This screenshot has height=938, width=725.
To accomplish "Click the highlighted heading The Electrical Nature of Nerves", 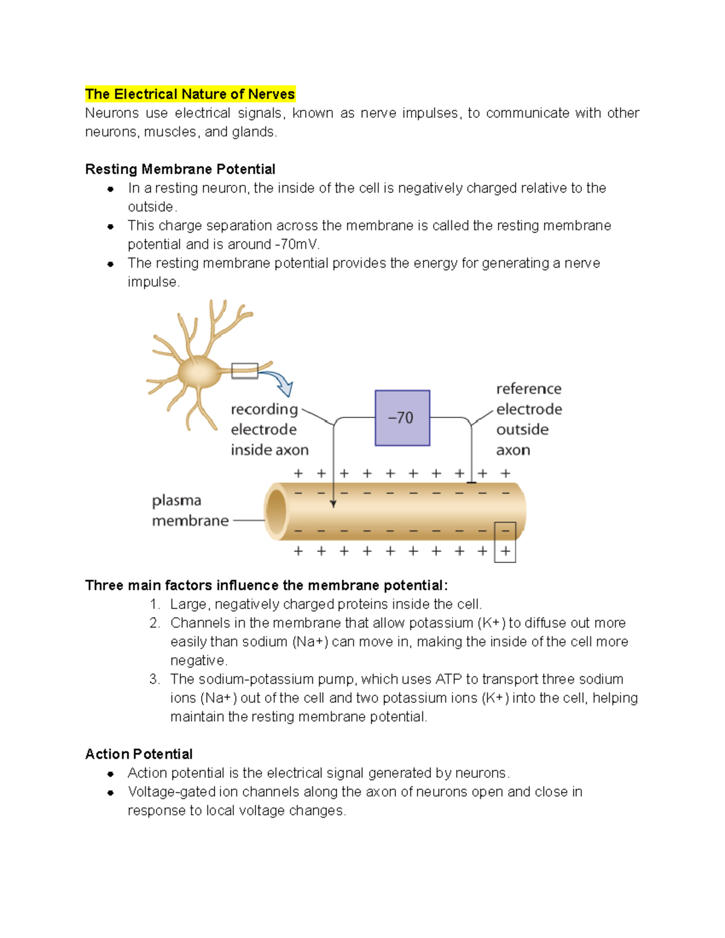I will tap(190, 94).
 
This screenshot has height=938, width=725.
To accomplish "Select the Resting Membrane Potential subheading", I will tap(180, 169).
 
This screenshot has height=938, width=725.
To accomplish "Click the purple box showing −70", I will tap(402, 418).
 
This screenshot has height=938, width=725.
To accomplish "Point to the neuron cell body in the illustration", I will tap(200, 372).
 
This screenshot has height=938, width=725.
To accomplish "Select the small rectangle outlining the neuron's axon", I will tap(245, 371).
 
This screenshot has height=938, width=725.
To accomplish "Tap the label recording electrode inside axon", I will tap(269, 429).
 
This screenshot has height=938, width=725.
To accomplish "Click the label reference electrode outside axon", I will tap(528, 419).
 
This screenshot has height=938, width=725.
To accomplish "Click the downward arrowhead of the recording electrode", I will tap(333, 504).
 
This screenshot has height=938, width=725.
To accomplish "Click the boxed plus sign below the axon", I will tap(505, 551).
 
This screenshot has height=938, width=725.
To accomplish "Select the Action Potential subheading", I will tap(139, 754).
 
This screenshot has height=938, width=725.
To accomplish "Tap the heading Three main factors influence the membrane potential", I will tap(266, 585).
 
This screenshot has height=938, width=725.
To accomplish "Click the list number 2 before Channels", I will tap(155, 623).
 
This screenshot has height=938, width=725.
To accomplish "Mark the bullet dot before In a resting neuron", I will tap(111, 189).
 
